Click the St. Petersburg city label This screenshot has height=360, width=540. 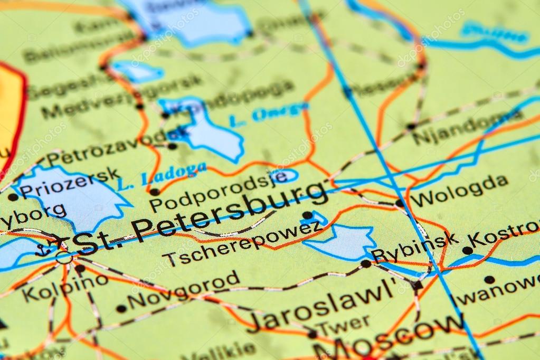click(x=201, y=217)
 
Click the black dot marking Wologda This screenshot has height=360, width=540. click(x=400, y=203)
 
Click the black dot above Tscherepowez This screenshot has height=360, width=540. click(x=307, y=215)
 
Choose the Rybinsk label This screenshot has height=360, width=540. click(x=415, y=247)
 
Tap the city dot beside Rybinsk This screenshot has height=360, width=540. click(x=365, y=263)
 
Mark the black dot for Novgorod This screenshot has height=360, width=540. click(x=121, y=309)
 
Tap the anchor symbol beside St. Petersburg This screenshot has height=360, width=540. click(x=43, y=250)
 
